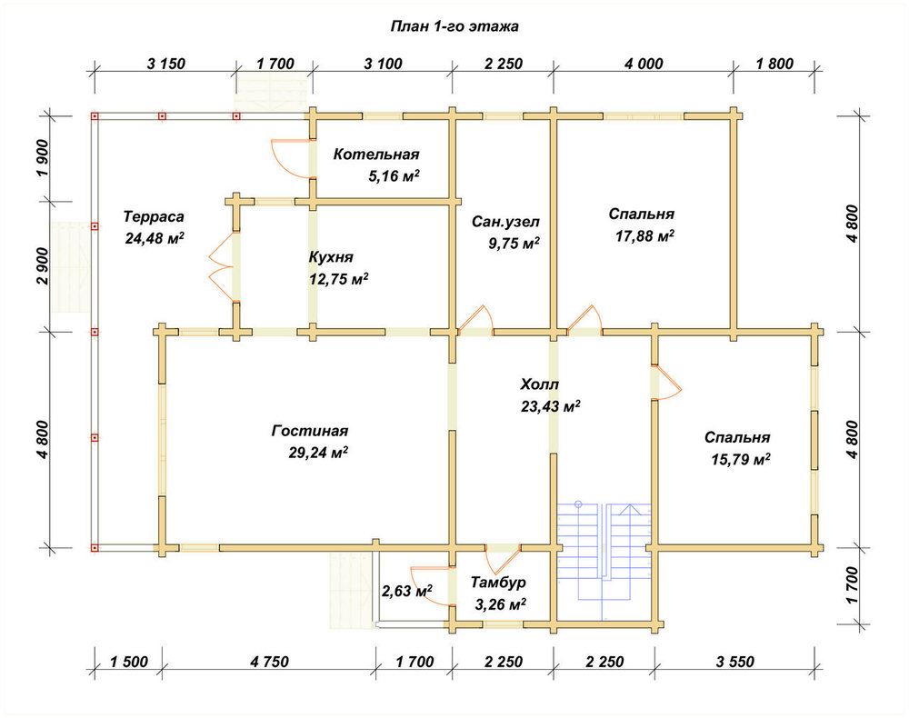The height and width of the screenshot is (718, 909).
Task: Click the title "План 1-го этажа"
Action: [454, 26]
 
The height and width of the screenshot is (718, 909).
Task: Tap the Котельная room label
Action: [376, 155]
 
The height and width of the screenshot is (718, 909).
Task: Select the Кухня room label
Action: [331, 257]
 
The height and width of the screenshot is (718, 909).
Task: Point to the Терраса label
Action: [154, 216]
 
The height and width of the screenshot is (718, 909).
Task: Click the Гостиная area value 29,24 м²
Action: [318, 452]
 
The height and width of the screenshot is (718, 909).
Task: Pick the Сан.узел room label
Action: [505, 222]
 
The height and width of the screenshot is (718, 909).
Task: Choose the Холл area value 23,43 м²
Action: [551, 406]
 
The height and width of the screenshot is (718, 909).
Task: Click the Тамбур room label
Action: [498, 582]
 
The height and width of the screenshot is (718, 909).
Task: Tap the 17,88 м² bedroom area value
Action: [644, 236]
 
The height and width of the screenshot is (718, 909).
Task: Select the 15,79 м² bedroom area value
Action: [741, 460]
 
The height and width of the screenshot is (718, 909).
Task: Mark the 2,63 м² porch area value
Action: [407, 591]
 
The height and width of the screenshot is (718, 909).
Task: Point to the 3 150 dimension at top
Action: [165, 64]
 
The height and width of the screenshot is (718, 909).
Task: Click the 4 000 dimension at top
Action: [644, 64]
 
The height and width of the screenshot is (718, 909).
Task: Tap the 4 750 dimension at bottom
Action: [269, 662]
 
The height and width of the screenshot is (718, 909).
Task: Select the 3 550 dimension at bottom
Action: [734, 662]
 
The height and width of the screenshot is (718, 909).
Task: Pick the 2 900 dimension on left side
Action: [43, 266]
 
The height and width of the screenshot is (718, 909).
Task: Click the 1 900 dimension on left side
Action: [43, 159]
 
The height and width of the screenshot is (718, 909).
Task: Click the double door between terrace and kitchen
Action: [222, 267]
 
